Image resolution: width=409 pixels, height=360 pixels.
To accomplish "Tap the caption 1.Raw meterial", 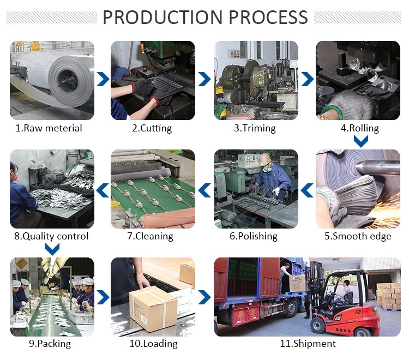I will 49,128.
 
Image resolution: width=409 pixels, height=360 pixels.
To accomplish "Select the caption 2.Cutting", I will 152,128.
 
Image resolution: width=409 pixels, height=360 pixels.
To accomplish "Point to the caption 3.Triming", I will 255,128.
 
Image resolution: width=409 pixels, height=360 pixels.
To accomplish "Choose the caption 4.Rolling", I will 359,129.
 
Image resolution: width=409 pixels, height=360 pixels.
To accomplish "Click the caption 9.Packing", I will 50,344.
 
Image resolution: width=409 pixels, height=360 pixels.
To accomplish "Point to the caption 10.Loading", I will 153,344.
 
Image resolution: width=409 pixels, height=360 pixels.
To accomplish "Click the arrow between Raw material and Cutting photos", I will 102,80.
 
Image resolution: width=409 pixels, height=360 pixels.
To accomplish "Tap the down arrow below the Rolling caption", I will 360,142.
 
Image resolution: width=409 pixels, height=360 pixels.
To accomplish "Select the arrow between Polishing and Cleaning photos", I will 204,189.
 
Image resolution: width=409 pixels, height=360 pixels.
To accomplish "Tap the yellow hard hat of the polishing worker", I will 266,159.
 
